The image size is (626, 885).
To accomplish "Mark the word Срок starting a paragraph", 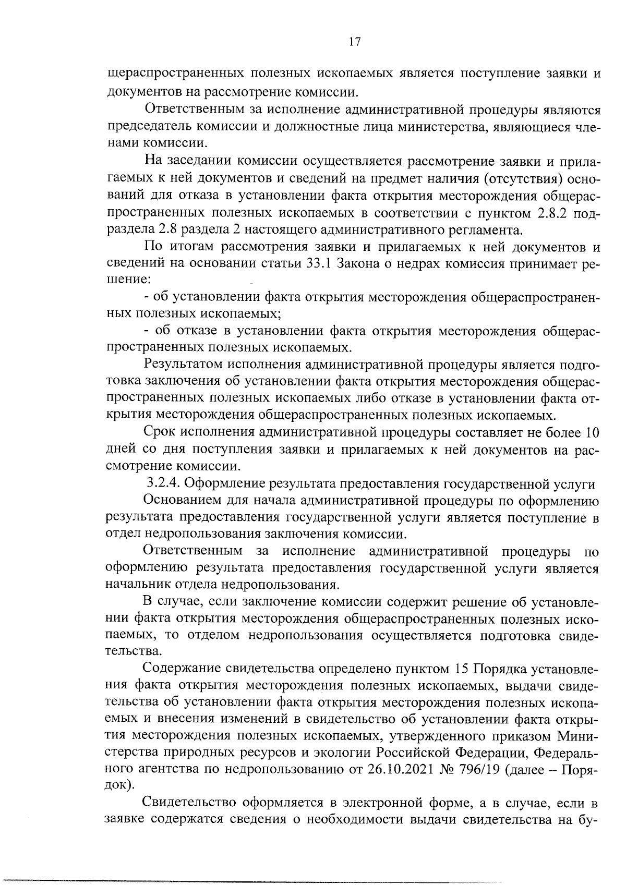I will (159, 433).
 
